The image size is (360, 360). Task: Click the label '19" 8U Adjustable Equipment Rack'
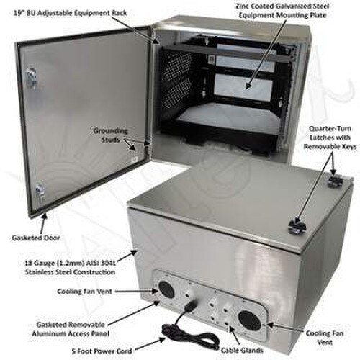[x=71, y=13]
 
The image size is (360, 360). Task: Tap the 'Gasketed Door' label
[x=36, y=238]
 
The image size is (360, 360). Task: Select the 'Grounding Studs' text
[x=111, y=135]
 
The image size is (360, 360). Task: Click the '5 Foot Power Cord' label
[x=102, y=351]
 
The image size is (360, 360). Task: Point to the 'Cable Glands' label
[x=242, y=350]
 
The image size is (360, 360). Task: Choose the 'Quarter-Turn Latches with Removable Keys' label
[x=330, y=138]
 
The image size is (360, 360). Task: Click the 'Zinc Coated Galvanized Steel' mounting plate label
[x=283, y=6]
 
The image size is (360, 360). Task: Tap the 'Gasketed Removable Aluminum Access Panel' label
[x=71, y=329]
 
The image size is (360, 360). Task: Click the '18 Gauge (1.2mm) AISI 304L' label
[x=70, y=263]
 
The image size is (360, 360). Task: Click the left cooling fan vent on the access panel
[x=166, y=290]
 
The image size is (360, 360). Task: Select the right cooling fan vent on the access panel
[x=250, y=320]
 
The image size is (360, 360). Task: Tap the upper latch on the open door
[x=32, y=75]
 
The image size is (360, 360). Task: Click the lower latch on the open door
[x=40, y=191]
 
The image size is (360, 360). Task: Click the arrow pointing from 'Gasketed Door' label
[x=42, y=223]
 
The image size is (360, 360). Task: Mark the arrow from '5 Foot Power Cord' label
[x=151, y=343]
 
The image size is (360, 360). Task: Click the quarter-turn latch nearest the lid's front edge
[x=297, y=226]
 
